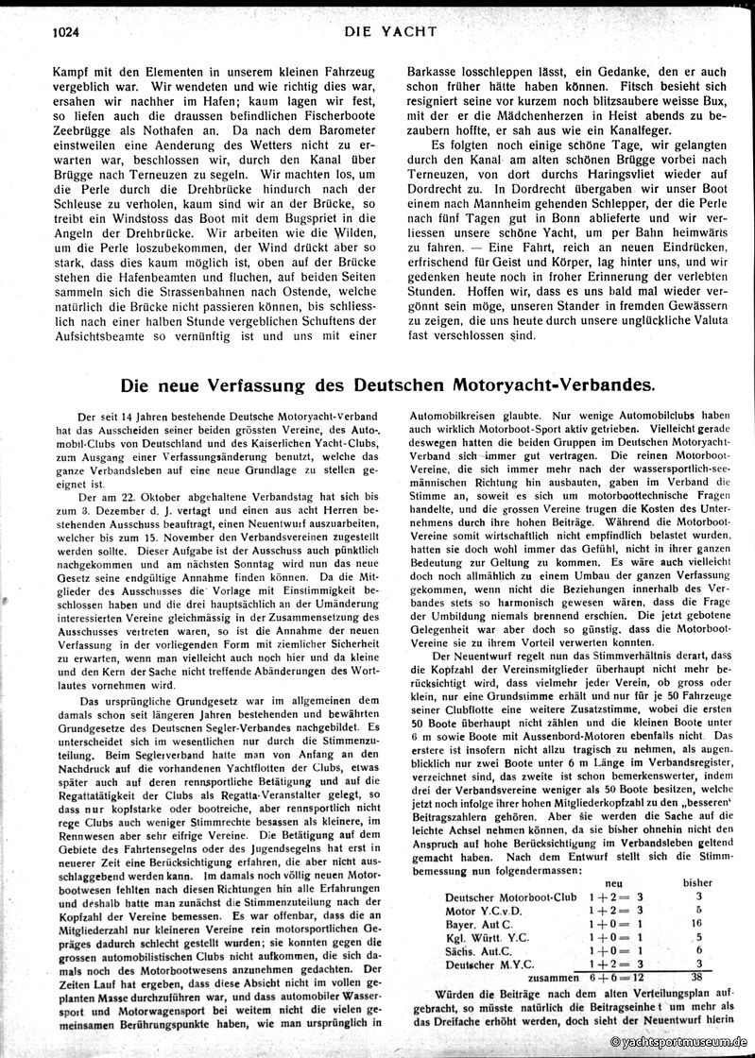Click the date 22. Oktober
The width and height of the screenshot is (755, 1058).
pyautogui.click(x=132, y=496)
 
